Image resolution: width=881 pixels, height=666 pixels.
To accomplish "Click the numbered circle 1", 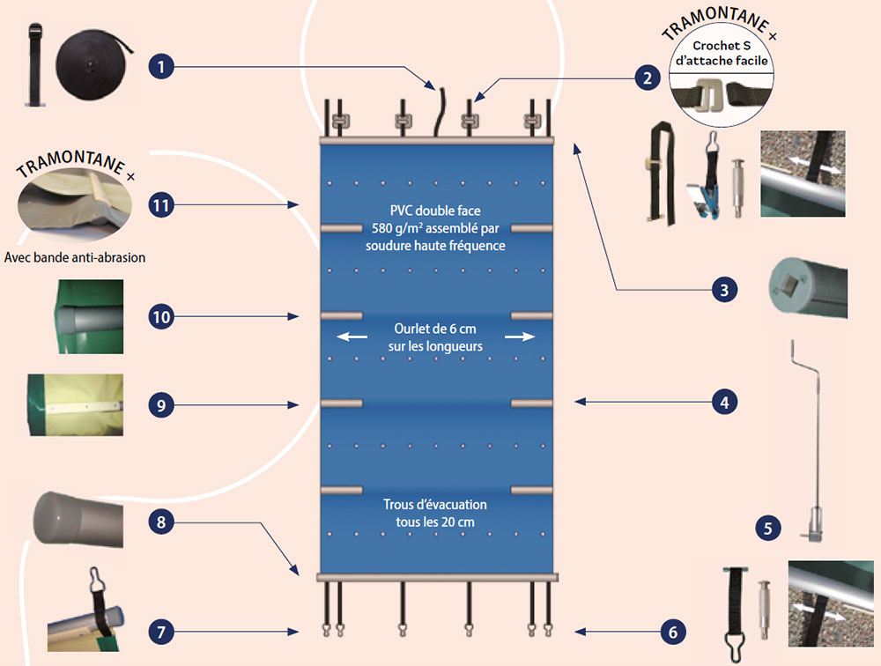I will point(160,65).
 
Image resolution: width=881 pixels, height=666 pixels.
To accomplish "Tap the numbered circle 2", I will point(647,78).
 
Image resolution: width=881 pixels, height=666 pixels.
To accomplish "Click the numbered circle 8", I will point(160,522).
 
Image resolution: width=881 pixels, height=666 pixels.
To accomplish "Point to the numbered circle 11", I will point(160,204).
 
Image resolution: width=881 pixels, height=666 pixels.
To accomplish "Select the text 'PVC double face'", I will point(437,211).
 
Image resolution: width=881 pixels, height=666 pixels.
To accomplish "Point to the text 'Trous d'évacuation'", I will point(435,505).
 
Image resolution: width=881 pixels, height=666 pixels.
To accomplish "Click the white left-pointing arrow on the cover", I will point(350,337).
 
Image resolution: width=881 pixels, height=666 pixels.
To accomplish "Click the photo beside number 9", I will point(74,404).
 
